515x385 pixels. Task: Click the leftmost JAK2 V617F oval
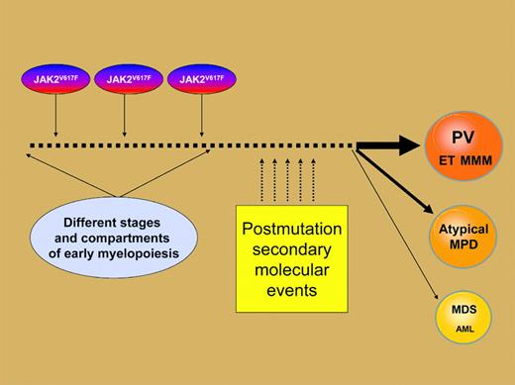(x=54, y=79)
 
